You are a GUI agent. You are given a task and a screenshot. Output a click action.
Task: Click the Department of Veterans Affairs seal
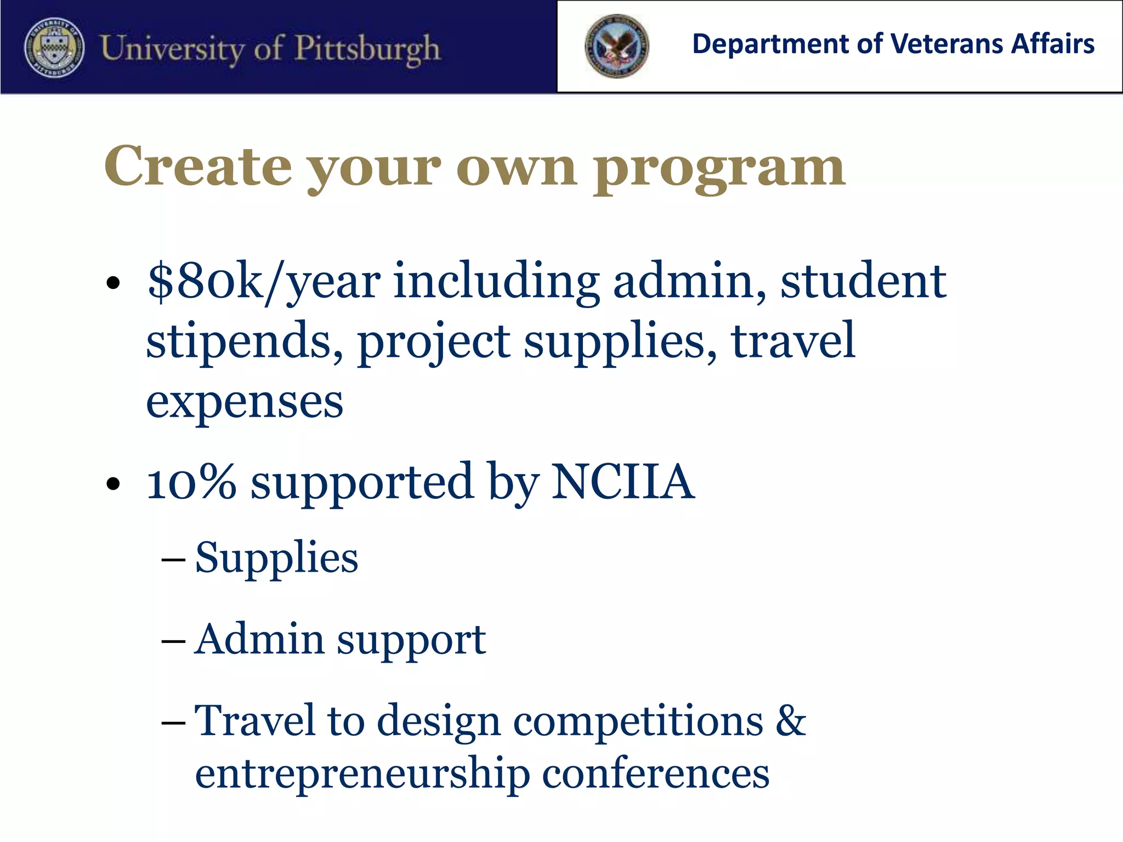click(x=617, y=46)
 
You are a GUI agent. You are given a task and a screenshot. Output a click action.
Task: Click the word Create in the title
click(x=198, y=167)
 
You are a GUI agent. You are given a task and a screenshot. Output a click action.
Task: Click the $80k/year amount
click(x=264, y=282)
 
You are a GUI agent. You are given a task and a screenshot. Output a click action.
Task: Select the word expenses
click(x=245, y=402)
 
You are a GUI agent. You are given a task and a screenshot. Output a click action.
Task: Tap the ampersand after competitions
click(x=790, y=720)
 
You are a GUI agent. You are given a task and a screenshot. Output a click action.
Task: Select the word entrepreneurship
click(x=362, y=775)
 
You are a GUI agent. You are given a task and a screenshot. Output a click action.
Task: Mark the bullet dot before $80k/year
click(x=113, y=283)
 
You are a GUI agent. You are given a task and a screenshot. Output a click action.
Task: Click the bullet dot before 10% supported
click(x=113, y=483)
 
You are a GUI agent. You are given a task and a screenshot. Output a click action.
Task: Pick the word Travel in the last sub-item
click(x=255, y=720)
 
